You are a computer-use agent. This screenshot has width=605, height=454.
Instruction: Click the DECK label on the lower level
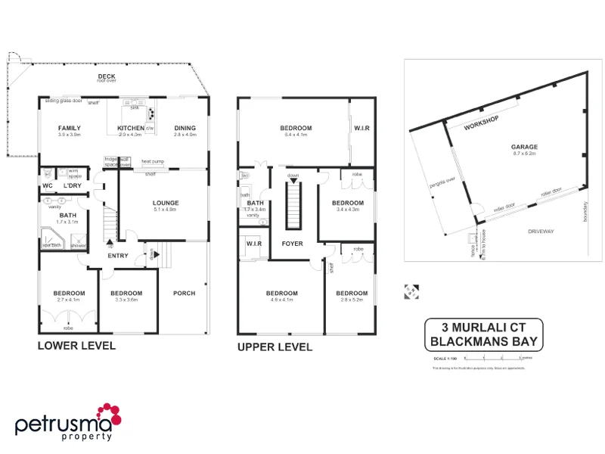click(106, 76)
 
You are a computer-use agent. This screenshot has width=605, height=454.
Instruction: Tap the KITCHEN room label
click(130, 128)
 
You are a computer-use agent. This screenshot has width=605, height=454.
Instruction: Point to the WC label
click(47, 185)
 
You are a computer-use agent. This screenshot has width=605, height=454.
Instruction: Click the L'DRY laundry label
click(73, 185)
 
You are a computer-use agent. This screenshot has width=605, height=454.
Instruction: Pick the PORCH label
click(184, 293)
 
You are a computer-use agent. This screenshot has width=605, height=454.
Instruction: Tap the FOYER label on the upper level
click(293, 244)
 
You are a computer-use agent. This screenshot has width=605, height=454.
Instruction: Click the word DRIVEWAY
click(541, 231)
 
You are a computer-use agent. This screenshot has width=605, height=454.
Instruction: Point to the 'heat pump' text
click(153, 160)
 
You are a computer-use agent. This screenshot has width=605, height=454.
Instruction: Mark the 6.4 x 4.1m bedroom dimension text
click(296, 134)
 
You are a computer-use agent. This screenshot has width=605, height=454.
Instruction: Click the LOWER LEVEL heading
click(76, 346)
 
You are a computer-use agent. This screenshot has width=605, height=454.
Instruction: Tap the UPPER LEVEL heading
click(275, 347)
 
